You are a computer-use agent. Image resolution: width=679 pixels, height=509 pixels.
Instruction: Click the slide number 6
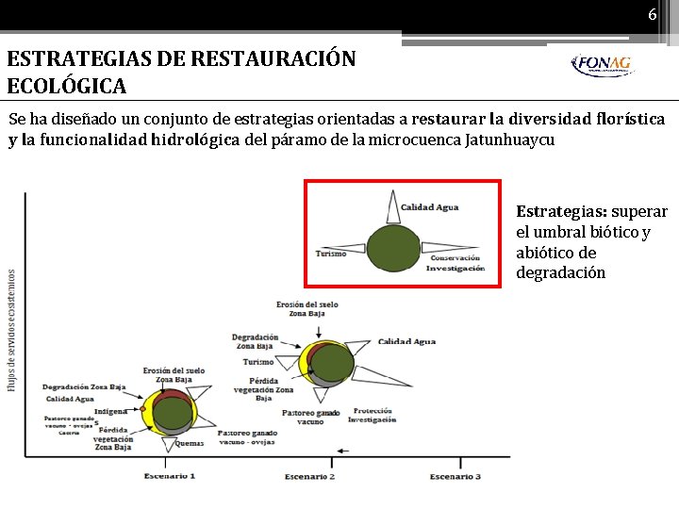pos(652,15)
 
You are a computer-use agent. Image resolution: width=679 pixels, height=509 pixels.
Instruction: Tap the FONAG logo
pos(602,65)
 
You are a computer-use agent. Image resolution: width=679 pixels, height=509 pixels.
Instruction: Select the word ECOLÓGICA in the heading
pos(67,86)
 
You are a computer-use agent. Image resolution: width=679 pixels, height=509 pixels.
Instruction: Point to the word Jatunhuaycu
pos(509,140)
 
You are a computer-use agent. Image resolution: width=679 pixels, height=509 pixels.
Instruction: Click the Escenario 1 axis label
pos(170,477)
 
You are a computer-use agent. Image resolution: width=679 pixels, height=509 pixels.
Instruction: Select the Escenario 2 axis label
pos(310,477)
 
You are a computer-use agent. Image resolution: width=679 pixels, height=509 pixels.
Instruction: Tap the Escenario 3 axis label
pos(455,477)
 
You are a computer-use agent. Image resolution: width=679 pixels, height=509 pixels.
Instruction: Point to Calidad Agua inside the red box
pos(429,207)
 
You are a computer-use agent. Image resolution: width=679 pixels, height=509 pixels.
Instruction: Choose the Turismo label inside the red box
pos(331,253)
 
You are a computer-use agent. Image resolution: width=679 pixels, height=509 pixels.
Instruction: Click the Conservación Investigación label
pos(455,263)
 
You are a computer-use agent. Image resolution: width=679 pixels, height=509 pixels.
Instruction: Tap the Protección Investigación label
pos(372,415)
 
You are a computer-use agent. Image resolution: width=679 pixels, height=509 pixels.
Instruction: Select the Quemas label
pos(190,442)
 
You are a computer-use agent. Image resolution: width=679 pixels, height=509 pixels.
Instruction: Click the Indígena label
pos(110,411)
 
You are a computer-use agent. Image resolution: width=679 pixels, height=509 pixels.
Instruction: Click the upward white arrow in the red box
pos(392,206)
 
